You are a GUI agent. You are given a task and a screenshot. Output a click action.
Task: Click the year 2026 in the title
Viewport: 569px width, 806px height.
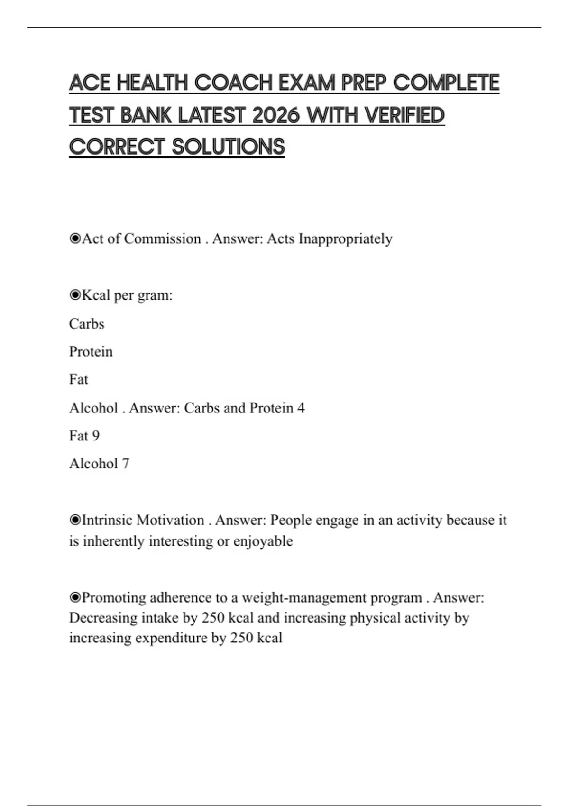(x=276, y=115)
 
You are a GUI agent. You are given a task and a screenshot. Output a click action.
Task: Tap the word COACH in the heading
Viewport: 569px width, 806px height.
(x=233, y=83)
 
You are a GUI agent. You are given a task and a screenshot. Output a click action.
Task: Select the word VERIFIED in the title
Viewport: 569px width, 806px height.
(x=405, y=115)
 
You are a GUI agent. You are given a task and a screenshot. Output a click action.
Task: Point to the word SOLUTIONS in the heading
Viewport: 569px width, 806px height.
(x=228, y=147)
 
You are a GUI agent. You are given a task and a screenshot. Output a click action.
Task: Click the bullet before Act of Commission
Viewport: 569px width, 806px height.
(x=75, y=238)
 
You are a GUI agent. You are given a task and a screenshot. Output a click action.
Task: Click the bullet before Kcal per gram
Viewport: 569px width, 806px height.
(x=75, y=295)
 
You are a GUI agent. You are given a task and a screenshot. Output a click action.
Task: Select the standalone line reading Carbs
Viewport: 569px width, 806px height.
(x=86, y=324)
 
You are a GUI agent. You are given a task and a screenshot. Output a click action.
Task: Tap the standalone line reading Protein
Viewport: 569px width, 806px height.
(x=91, y=352)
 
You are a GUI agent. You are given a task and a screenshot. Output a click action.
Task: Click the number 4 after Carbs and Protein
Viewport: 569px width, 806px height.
(x=301, y=408)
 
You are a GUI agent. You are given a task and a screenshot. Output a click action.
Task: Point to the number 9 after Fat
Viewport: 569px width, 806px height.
(x=96, y=436)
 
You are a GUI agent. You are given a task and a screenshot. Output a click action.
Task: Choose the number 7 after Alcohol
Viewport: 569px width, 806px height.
(x=126, y=464)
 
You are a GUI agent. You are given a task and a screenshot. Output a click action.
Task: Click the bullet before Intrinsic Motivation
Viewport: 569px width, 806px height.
(x=75, y=520)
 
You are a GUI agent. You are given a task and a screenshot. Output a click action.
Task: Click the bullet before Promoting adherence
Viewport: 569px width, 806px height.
(x=75, y=597)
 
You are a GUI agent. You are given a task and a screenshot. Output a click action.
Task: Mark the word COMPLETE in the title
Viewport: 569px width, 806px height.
(x=446, y=83)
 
